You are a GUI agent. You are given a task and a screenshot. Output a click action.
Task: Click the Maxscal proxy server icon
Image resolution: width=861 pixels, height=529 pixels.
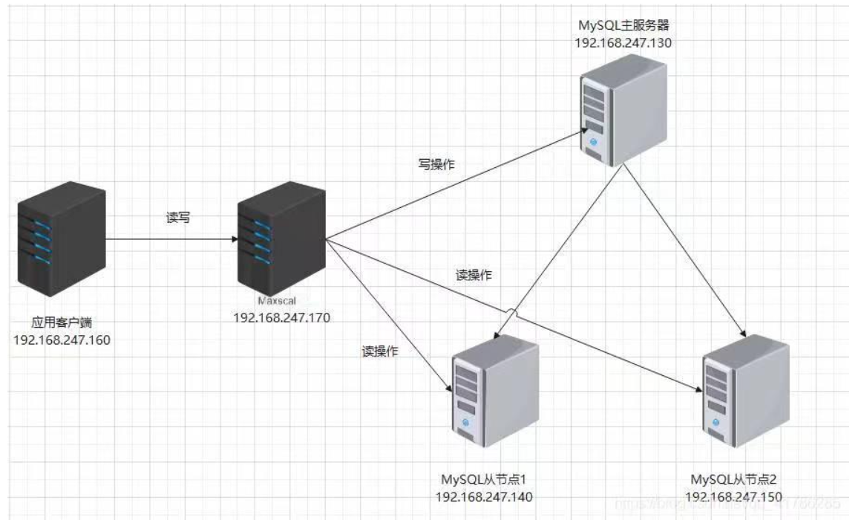281,240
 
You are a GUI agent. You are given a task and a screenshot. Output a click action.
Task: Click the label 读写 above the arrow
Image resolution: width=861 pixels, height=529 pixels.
178,218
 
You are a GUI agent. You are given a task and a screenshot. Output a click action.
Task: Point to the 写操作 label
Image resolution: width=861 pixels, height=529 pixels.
436,165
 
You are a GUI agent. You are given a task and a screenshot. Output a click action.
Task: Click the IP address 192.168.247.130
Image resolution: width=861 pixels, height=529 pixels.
623,43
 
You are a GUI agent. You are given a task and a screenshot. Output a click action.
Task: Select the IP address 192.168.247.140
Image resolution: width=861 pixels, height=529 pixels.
483,497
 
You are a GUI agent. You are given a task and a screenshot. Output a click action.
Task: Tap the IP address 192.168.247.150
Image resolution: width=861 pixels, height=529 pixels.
733,497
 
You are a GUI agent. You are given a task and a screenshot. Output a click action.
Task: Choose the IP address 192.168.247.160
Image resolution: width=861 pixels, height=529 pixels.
62,340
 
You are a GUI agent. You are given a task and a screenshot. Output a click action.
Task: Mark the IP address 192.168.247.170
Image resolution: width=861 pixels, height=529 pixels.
281,317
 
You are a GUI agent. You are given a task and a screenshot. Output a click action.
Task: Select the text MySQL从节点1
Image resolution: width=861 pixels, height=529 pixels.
483,479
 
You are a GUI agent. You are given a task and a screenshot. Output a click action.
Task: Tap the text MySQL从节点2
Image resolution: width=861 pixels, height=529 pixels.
733,479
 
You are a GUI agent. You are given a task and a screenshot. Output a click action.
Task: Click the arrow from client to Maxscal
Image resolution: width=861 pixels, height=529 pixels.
171,240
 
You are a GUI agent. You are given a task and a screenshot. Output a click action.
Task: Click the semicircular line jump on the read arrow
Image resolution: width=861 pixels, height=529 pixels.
510,311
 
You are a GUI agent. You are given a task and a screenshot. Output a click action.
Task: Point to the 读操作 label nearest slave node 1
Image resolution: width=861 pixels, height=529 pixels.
380,351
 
